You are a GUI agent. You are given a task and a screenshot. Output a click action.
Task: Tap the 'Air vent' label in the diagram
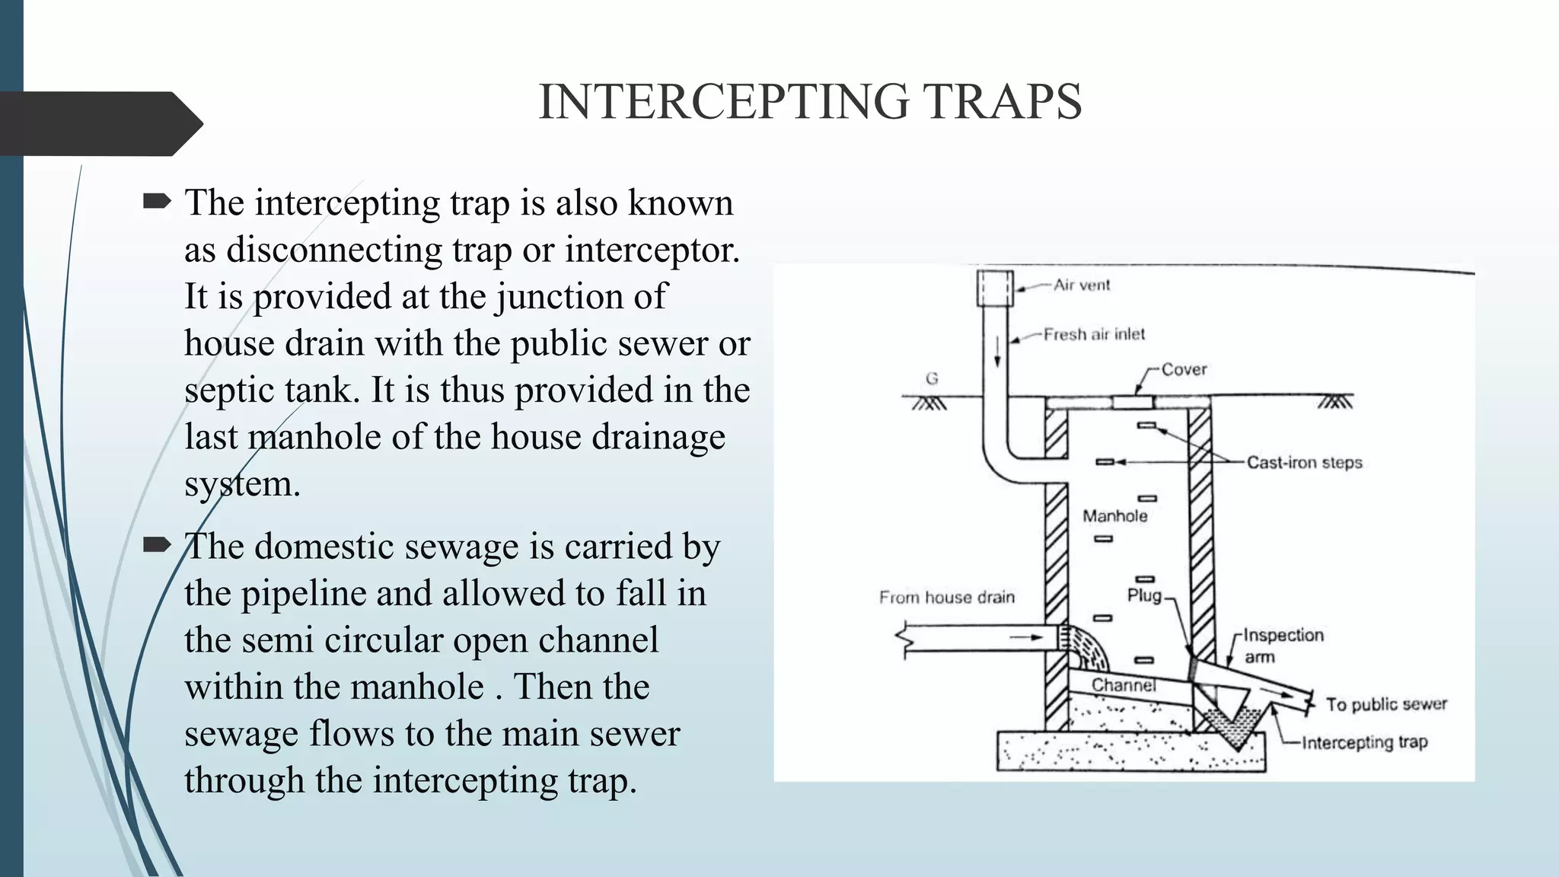1082,285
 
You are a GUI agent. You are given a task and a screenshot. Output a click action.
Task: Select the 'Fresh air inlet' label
1094,334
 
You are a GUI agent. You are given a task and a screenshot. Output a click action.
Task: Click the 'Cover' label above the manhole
1184,369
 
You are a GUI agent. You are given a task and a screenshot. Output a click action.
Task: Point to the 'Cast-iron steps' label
1304,462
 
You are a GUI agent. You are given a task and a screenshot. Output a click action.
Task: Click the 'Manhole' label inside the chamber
1114,516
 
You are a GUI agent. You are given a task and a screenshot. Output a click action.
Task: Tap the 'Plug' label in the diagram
1144,595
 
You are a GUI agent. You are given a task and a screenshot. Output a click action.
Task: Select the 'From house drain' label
947,598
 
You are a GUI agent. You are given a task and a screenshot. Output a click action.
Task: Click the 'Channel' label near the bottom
1124,685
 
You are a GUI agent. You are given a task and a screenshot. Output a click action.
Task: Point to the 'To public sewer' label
1386,704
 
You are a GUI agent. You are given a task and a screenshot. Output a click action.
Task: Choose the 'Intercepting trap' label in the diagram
1364,742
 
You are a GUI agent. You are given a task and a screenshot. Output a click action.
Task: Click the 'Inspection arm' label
1283,645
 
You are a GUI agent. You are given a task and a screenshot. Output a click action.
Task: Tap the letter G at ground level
932,378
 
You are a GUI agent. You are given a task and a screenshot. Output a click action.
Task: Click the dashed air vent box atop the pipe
995,288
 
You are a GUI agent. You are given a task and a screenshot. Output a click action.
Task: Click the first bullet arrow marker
157,202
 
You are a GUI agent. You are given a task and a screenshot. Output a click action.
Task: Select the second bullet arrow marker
157,544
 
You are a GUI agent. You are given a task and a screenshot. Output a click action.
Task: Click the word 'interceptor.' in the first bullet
652,250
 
